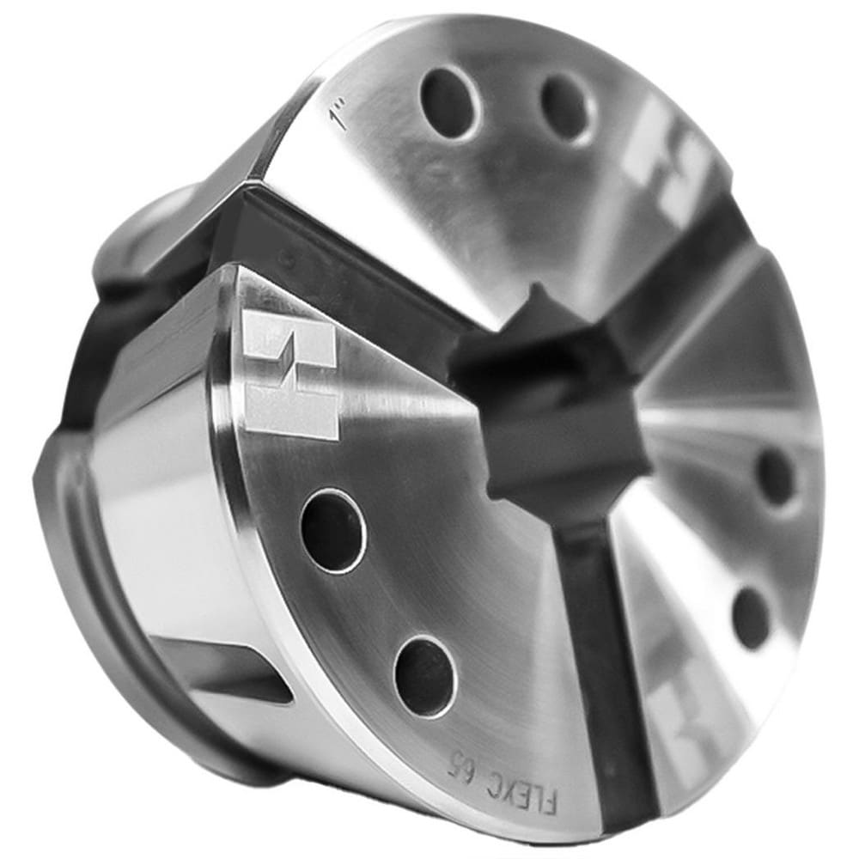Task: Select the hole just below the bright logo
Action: coord(332,531)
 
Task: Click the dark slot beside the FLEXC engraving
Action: coord(606,670)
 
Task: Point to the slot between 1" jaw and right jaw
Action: coord(687,283)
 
